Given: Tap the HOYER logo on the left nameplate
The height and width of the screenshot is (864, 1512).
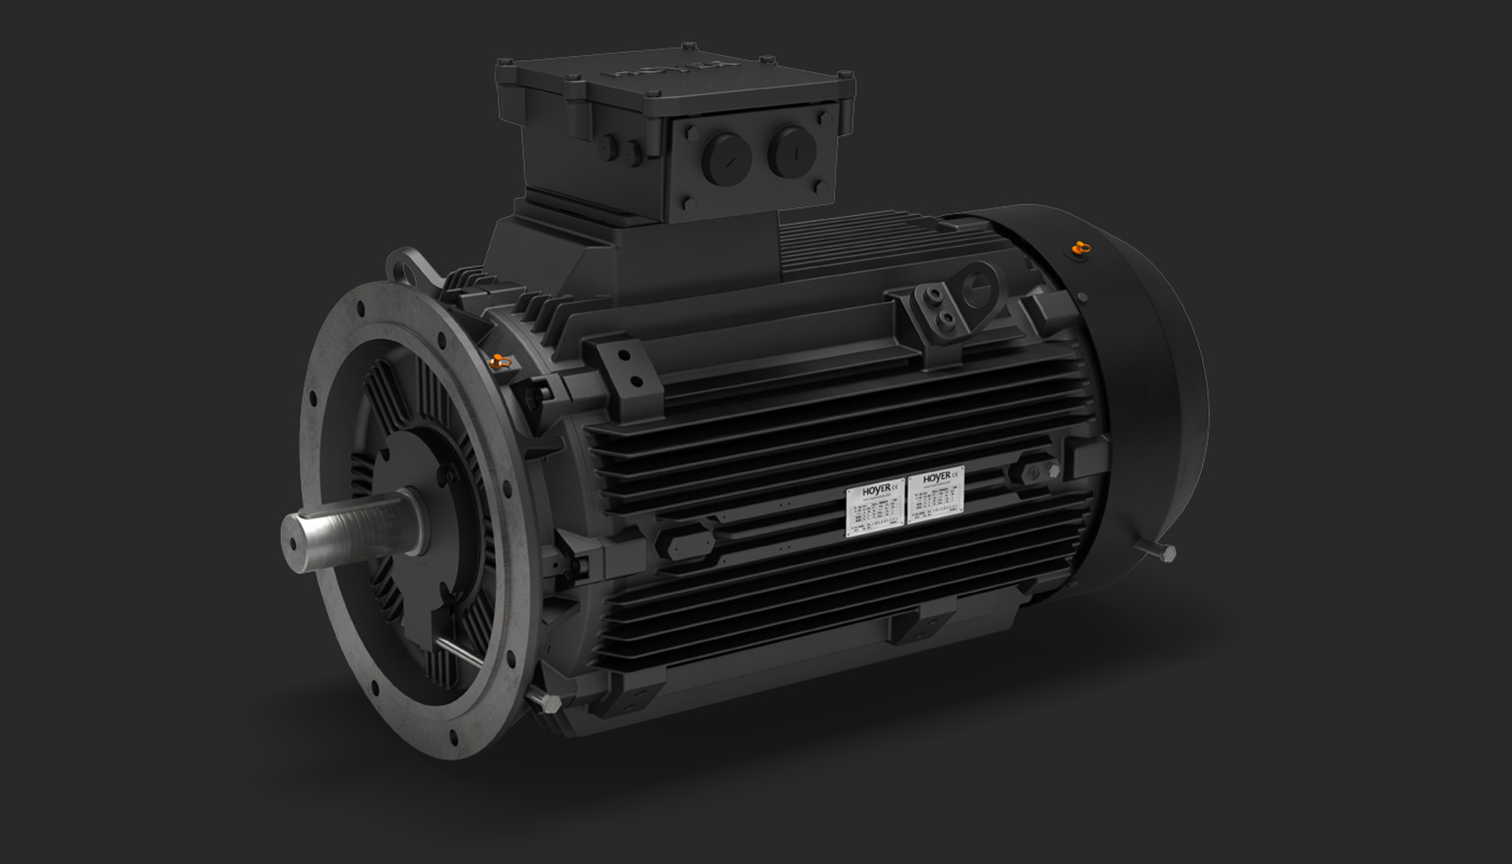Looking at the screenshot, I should coord(876,491).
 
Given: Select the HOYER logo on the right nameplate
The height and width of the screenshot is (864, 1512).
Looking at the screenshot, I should coord(937,477).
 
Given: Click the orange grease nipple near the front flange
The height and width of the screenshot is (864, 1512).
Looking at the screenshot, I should coord(500,361).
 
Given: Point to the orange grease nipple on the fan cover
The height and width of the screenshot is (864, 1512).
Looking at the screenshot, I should coord(1081,248).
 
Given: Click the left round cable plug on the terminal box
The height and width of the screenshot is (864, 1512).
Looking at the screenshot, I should coord(726,160).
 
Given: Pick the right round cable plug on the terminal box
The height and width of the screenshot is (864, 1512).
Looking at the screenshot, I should coord(792,152).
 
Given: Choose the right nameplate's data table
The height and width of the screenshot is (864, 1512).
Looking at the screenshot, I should coord(936,502).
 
